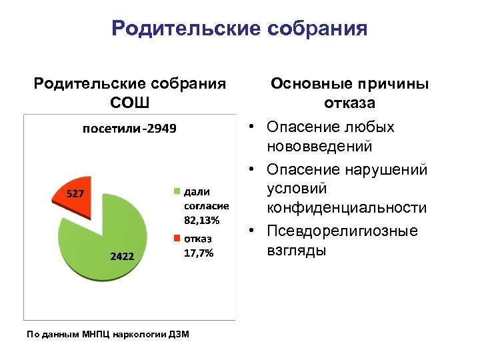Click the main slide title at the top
239,28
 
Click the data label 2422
122,255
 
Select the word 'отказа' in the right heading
349,103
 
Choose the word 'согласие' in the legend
206,206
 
